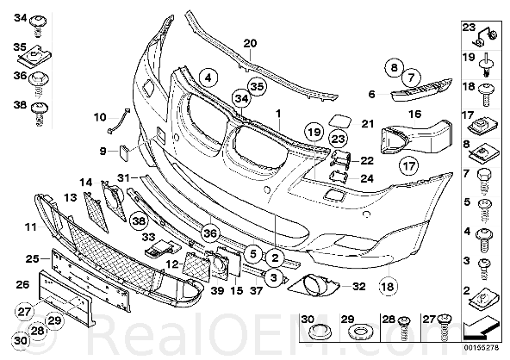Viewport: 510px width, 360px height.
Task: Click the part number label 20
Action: coord(250,43)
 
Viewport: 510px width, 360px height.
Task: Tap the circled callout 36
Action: coord(210,233)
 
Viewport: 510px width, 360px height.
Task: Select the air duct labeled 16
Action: coord(415,138)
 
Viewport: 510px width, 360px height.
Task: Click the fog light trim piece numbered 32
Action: coord(314,285)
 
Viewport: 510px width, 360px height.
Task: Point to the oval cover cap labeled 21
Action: coord(340,121)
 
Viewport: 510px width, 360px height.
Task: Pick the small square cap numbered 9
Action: coord(124,152)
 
